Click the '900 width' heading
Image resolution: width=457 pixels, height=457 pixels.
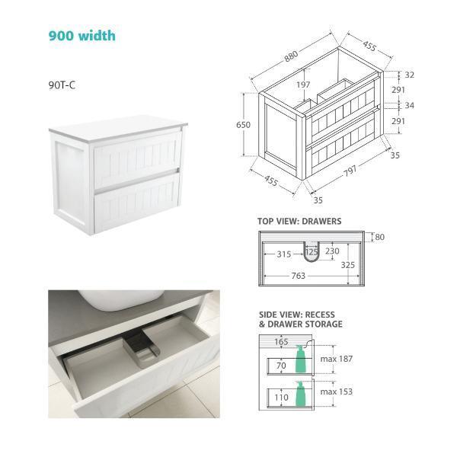[x=82, y=35]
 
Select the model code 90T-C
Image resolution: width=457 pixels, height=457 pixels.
[x=62, y=85]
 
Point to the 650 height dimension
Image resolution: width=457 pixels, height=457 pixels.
[x=243, y=125]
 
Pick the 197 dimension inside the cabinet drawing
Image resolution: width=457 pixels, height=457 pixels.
[x=304, y=85]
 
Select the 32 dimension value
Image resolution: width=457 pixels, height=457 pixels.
[x=409, y=75]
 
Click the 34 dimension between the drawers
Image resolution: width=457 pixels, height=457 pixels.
[x=409, y=105]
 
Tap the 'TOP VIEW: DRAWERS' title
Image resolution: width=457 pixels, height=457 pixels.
[x=299, y=222]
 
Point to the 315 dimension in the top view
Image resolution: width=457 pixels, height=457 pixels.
[x=284, y=253]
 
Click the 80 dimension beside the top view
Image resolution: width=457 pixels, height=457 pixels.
[x=379, y=237]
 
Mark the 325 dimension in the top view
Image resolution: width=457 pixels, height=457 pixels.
[x=347, y=265]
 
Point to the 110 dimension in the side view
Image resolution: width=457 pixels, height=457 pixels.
[x=281, y=398]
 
